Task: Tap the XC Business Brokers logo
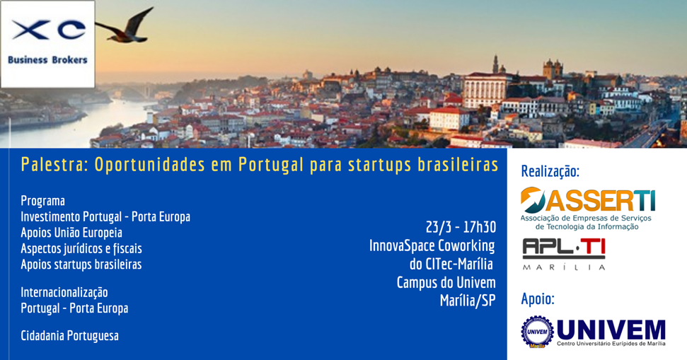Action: pos(47,44)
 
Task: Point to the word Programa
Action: pos(43,201)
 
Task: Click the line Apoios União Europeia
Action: pos(71,233)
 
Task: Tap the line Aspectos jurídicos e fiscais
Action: pos(81,248)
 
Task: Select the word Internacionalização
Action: pos(64,292)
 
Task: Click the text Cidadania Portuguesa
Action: pos(69,336)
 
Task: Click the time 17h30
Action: pos(480,227)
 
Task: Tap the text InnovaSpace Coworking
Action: pos(432,245)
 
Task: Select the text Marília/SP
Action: pos(468,301)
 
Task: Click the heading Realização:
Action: pos(550,171)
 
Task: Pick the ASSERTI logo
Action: pos(587,209)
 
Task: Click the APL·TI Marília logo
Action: pos(564,254)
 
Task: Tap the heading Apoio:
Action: pos(538,299)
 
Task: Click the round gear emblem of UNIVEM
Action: pos(537,332)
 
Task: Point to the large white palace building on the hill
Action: pos(485,91)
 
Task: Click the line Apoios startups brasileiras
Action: pos(81,265)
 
